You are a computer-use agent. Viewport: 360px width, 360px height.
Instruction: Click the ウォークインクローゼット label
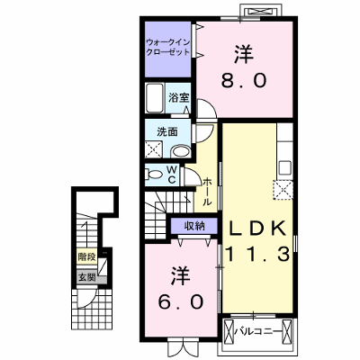pos(167,47)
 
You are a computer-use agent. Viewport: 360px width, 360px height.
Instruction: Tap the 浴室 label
pos(178,98)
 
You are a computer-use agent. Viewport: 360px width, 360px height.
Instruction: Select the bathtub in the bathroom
pos(154,98)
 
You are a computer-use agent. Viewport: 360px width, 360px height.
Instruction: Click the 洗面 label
pos(167,131)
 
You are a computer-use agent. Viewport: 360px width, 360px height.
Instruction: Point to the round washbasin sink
pos(180,151)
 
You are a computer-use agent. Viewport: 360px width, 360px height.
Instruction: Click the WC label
pos(171,175)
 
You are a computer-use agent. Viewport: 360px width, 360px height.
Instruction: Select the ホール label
pos(207,192)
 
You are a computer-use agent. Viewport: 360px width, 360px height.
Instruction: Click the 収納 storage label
pos(194,226)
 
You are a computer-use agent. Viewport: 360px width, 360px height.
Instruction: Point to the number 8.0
pos(244,80)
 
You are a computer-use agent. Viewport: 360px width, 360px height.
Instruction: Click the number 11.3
pos(257,254)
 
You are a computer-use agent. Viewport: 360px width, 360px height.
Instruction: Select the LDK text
pos(256,229)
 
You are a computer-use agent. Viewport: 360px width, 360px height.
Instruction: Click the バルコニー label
pos(257,331)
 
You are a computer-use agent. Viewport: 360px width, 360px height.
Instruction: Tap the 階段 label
pos(86,256)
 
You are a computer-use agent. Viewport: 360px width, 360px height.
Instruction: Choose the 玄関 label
pos(86,277)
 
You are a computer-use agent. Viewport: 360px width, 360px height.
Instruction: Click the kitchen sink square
pos(285,168)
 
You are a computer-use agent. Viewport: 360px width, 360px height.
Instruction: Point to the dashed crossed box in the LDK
pos(283,190)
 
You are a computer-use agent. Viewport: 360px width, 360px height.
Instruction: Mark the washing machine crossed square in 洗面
pos(154,148)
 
